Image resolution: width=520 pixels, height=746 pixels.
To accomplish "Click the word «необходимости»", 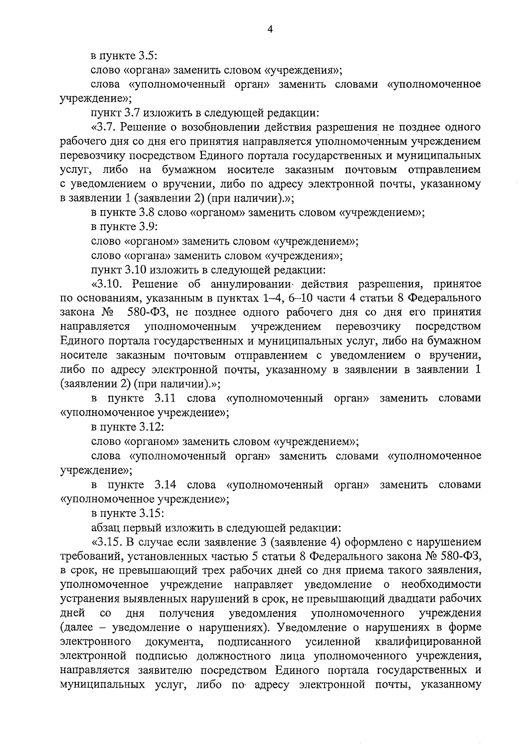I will (x=441, y=584).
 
